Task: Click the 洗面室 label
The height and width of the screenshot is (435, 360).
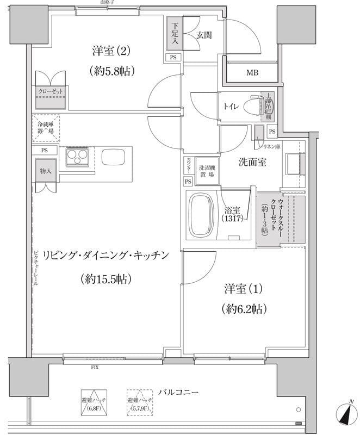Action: click(252, 161)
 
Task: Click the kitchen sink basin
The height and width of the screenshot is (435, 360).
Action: click(114, 158)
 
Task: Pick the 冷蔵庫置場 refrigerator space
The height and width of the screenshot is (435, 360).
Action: click(46, 128)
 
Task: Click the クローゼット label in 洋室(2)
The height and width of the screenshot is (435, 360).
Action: click(51, 91)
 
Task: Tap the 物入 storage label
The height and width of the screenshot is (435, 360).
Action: click(46, 171)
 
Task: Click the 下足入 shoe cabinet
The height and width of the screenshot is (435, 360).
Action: click(175, 34)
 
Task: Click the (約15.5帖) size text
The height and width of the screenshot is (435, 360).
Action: click(107, 280)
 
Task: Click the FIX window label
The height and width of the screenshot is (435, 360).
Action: click(95, 368)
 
